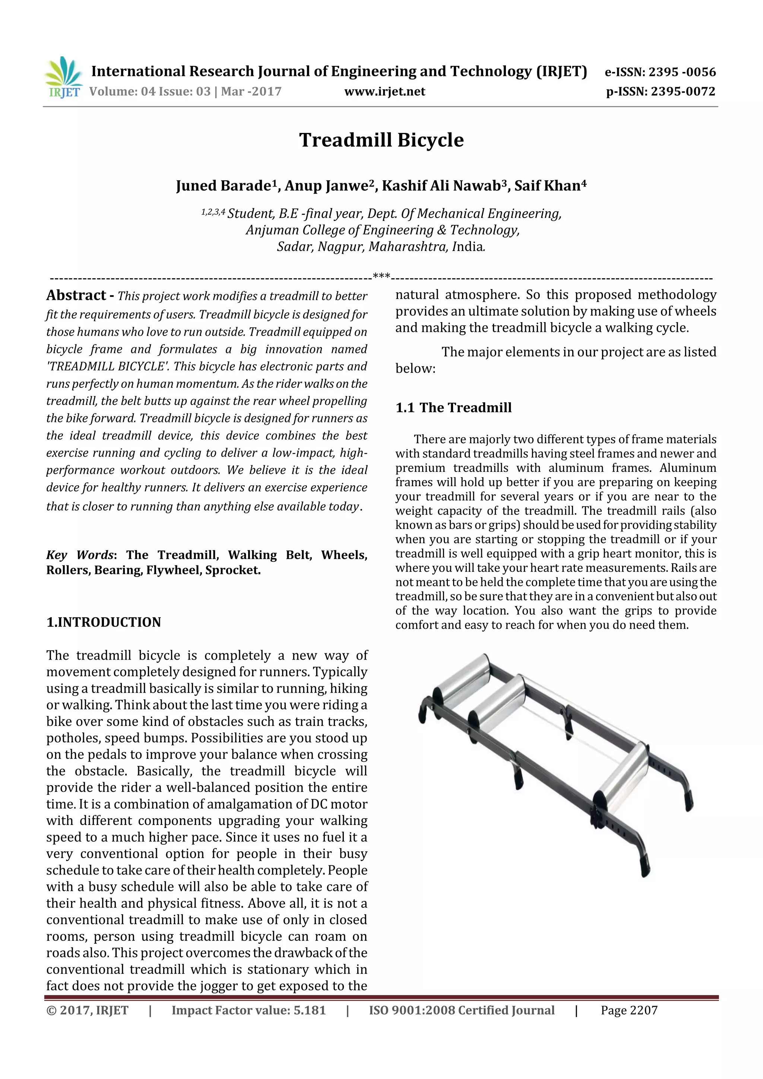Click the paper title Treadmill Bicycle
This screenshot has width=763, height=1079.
click(381, 140)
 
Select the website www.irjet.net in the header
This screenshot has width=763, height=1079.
click(384, 91)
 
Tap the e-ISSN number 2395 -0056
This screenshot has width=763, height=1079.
click(682, 72)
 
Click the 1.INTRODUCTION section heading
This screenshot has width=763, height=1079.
click(104, 622)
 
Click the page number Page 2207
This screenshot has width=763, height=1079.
click(629, 1010)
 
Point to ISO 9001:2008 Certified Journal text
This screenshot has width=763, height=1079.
click(461, 1010)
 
